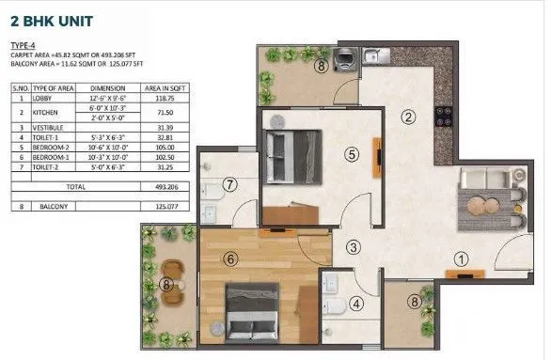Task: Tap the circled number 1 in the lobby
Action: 460,259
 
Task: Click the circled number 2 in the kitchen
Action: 408,117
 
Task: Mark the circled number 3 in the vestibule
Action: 352,248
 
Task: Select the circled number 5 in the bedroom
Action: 350,154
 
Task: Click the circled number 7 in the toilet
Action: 229,183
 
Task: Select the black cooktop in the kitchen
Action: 441,118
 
